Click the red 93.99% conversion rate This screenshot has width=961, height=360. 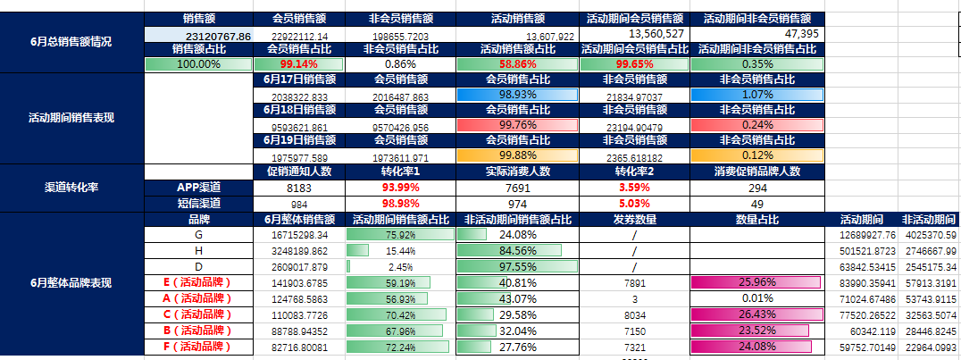(400, 188)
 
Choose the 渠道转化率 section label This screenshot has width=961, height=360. (71, 188)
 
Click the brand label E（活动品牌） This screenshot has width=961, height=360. (197, 282)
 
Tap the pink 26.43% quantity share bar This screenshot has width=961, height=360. (756, 314)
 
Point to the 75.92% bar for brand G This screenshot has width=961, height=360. (400, 235)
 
